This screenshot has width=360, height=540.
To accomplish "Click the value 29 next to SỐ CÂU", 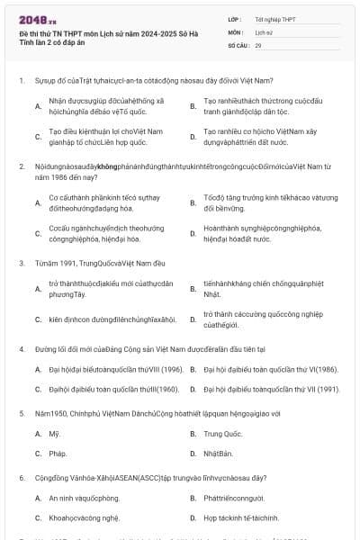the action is pyautogui.click(x=258, y=44).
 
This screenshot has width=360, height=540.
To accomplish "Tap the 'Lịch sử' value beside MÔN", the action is pyautogui.click(x=263, y=31).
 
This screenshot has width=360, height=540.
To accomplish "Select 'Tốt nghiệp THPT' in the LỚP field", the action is pyautogui.click(x=274, y=19).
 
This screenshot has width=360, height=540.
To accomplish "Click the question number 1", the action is pyautogui.click(x=21, y=80).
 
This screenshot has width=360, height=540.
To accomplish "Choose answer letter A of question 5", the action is pyautogui.click(x=38, y=434).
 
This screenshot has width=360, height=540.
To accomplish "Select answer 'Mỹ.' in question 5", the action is pyautogui.click(x=53, y=434).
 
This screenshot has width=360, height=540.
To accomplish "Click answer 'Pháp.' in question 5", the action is pyautogui.click(x=58, y=454).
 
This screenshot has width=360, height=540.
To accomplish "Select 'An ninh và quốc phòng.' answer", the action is pyautogui.click(x=84, y=498).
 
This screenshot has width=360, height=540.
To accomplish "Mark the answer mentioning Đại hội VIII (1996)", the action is pyautogui.click(x=104, y=369).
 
